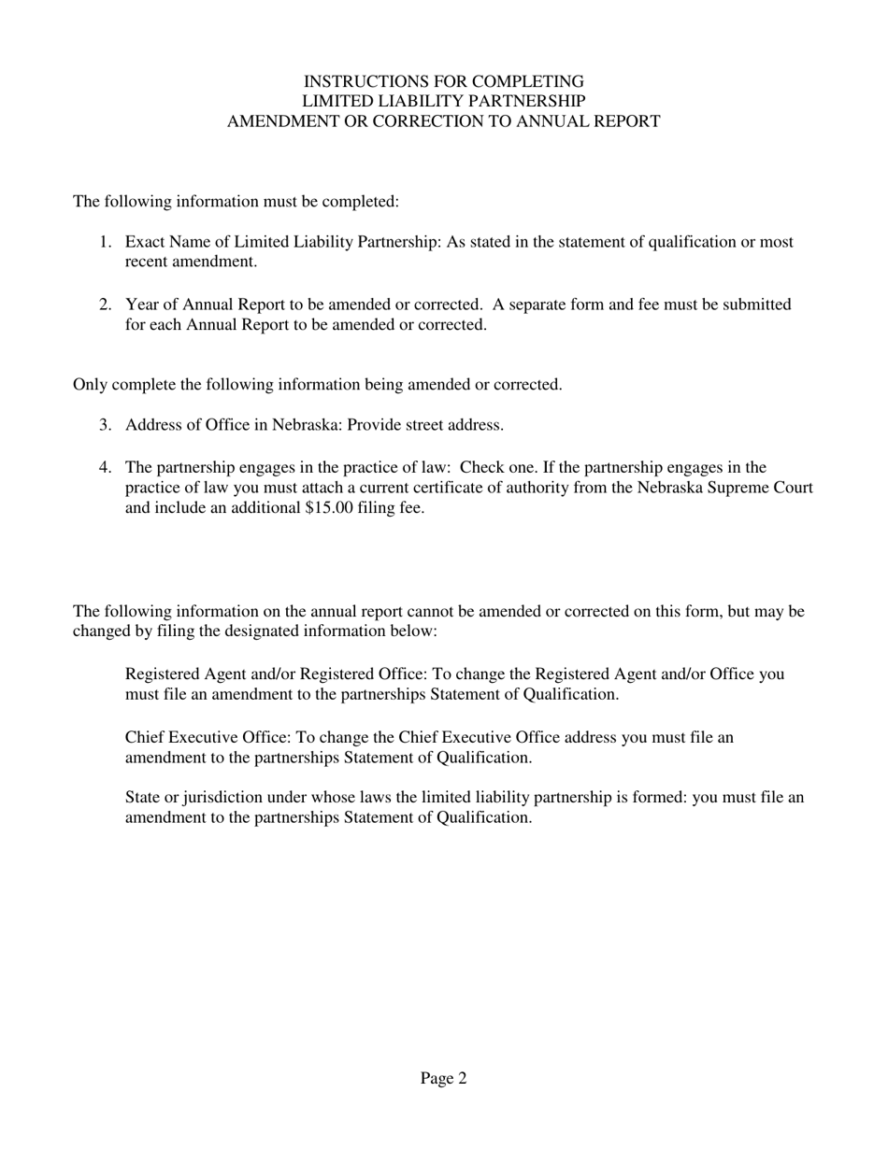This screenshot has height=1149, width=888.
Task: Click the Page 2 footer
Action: click(x=443, y=1079)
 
